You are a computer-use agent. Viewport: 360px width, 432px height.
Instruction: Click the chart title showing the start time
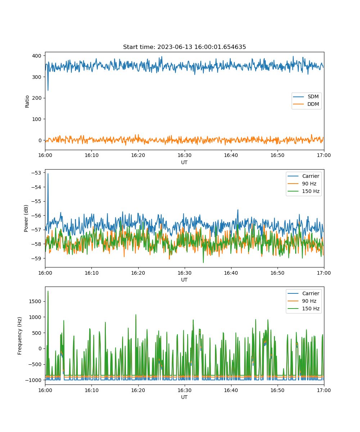tap(184, 47)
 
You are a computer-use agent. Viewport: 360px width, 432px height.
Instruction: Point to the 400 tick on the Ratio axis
tap(37, 56)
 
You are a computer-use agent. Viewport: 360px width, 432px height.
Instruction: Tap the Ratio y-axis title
tap(27, 102)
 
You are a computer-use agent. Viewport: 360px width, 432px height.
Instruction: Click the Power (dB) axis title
tap(26, 218)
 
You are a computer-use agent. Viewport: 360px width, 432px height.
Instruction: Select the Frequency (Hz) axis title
tap(19, 336)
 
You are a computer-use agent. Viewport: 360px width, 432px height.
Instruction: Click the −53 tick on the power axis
tap(36, 173)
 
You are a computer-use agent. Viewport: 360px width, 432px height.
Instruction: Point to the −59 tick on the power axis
tap(36, 258)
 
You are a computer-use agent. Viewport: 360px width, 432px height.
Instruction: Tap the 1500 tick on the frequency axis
tap(35, 301)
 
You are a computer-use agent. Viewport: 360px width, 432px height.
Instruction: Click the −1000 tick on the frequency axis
tap(33, 380)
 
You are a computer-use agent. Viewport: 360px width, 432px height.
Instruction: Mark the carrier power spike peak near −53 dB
tap(48, 174)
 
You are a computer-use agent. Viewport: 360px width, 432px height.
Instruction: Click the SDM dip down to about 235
tap(48, 90)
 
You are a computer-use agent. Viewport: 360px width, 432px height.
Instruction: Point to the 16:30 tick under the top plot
tap(184, 155)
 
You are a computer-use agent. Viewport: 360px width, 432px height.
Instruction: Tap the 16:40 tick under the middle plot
tap(231, 273)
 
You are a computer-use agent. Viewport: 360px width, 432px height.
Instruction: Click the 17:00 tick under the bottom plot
tap(324, 390)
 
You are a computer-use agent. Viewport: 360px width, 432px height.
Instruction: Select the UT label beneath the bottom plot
tap(184, 397)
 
